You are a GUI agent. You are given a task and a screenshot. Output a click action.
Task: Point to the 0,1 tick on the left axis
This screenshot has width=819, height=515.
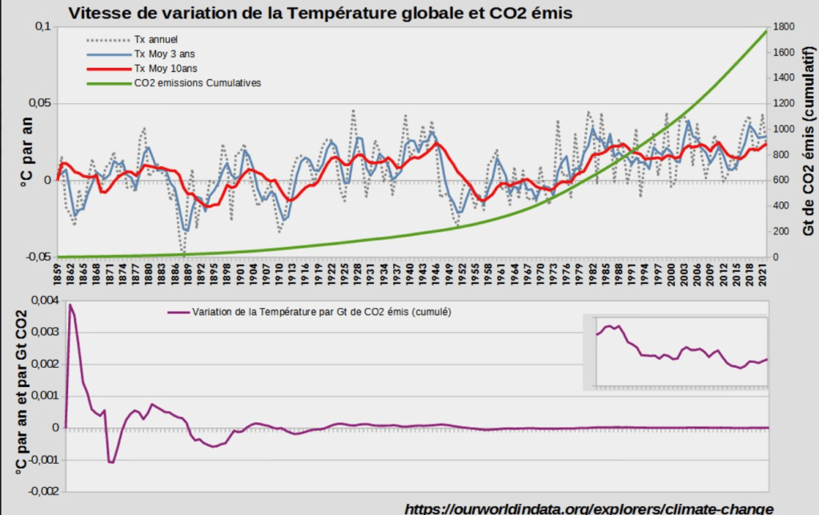(41, 26)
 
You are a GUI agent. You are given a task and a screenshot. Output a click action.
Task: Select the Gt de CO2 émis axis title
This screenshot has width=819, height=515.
(809, 140)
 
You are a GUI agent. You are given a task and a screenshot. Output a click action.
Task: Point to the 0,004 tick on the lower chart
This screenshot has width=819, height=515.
(43, 300)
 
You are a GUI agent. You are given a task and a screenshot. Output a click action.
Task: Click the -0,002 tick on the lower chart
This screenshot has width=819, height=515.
(42, 492)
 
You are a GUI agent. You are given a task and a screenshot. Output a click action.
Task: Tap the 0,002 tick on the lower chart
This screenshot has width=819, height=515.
(43, 364)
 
